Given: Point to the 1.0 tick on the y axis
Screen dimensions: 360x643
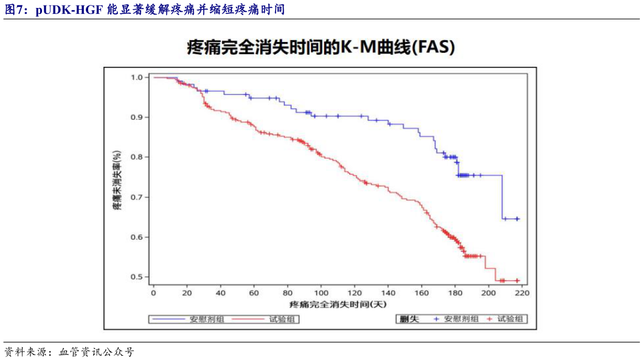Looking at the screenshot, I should pos(137,77).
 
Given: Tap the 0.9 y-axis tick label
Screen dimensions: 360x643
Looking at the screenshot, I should pos(137,117).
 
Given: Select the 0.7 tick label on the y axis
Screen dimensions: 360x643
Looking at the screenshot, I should pos(137,197).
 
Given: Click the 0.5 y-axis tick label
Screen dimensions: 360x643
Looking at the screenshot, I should pos(137,277).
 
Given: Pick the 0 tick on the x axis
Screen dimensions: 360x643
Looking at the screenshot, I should pos(153,293).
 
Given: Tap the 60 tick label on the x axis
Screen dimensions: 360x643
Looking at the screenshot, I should pos(254,293).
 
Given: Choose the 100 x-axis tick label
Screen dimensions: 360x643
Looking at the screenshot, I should pos(321,293).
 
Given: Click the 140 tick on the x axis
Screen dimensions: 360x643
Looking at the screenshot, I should pos(388,293).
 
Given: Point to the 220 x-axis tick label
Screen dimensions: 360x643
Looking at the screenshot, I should pos(521,293).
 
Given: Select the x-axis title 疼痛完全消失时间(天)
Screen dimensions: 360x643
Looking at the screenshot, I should pos(338,303).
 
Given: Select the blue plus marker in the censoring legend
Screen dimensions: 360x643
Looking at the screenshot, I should pos(436,319).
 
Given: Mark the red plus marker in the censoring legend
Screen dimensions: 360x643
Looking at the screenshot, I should pos(488,319).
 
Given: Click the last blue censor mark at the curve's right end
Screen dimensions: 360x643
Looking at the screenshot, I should pos(517,219).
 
